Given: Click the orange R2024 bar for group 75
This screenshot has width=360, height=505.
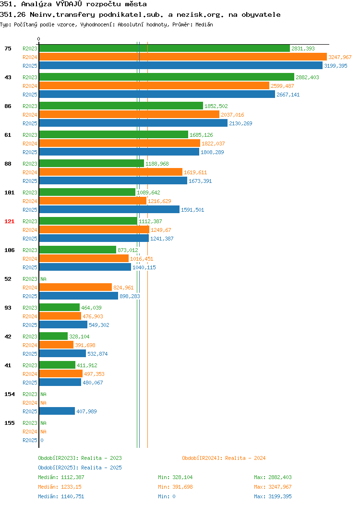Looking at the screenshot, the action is pos(183,57).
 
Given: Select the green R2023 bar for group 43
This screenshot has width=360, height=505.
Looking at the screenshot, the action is pos(167,77).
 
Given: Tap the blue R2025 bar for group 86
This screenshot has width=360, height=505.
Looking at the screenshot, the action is pos(133,123).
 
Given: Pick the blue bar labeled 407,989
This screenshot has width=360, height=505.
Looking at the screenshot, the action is pos(57,411).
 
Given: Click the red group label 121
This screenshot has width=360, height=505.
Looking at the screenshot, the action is pos(9,221).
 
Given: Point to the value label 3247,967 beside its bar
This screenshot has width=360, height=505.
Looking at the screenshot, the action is pos(340,57).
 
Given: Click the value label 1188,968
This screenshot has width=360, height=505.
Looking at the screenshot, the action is pos(157,164).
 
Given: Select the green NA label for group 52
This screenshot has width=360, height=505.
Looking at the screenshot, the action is pos(44,279).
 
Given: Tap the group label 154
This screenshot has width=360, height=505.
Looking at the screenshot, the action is pos(9,394).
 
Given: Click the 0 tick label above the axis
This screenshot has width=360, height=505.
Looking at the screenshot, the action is pos(39,39).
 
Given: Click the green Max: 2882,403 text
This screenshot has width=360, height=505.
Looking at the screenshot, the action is pos(273,477).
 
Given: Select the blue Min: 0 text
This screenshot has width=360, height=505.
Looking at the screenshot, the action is pos(167,497).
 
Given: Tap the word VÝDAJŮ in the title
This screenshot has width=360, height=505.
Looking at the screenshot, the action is pos(69,4).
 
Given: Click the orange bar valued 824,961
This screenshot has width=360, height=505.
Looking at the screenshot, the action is pos(76,287).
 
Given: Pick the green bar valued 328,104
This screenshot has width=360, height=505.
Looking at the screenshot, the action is pos(53,336).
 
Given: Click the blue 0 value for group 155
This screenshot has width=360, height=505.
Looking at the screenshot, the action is pos(42,440).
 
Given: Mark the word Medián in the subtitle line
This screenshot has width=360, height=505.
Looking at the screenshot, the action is pos(204,24).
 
